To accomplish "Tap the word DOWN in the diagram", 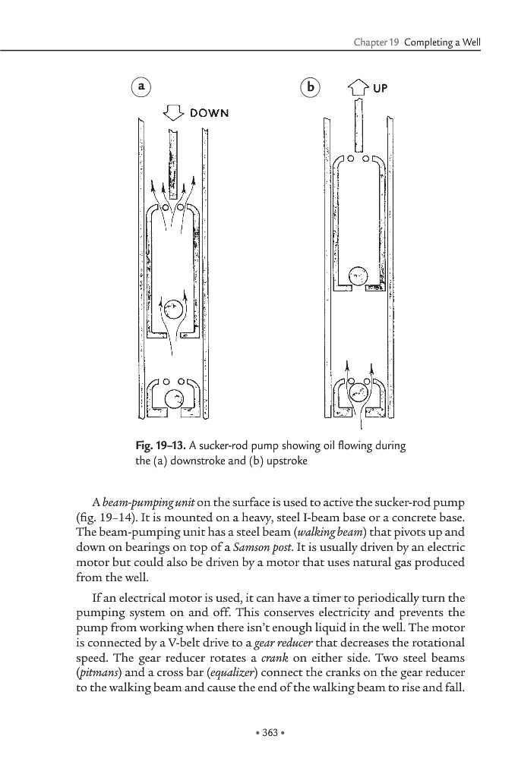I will pyautogui.click(x=209, y=113).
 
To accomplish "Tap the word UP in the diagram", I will pyautogui.click(x=380, y=88).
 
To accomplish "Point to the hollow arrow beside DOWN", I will pyautogui.click(x=175, y=113).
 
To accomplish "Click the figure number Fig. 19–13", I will pyautogui.click(x=156, y=446).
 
